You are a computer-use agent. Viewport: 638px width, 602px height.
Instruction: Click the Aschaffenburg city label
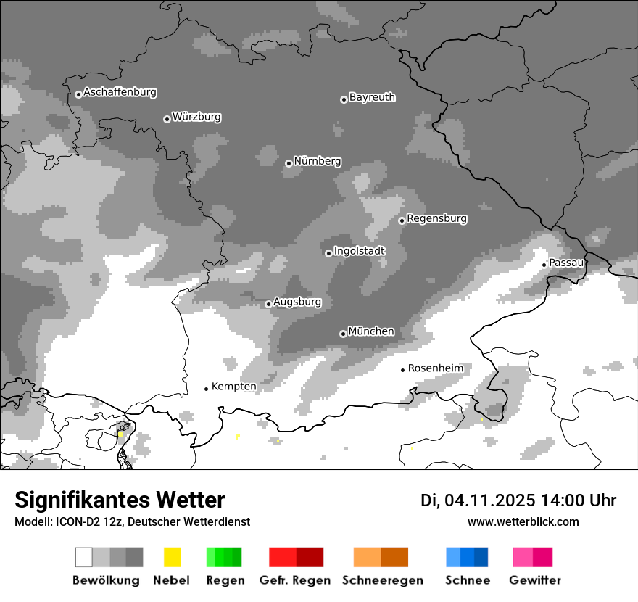pyautogui.click(x=120, y=92)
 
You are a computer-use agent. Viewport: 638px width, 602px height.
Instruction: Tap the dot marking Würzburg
pyautogui.click(x=167, y=119)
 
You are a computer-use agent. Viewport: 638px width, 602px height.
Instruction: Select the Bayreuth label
pyautogui.click(x=372, y=97)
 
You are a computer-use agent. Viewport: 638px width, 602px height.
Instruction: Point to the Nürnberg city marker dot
pyautogui.click(x=289, y=163)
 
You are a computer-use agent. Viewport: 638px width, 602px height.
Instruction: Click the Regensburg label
pyautogui.click(x=436, y=218)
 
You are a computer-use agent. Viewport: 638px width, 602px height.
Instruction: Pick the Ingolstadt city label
pyautogui.click(x=359, y=251)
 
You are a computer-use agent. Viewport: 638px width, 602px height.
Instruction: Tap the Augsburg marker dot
pyautogui.click(x=268, y=304)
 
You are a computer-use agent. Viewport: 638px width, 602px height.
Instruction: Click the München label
pyautogui.click(x=371, y=331)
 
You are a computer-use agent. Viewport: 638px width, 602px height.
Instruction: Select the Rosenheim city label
pyautogui.click(x=435, y=368)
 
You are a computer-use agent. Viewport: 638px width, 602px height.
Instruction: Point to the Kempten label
pyautogui.click(x=233, y=387)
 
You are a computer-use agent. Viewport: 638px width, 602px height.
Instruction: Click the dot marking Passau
pyautogui.click(x=544, y=265)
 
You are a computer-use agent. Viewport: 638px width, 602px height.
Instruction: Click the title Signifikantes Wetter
pyautogui.click(x=120, y=500)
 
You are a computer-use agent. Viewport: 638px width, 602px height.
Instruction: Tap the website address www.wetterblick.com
pyautogui.click(x=523, y=521)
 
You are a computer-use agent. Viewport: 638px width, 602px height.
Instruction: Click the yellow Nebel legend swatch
pyautogui.click(x=173, y=557)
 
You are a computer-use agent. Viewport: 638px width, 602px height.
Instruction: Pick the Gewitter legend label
pyautogui.click(x=535, y=580)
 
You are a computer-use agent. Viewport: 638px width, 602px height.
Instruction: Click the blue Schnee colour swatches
pyautogui.click(x=467, y=557)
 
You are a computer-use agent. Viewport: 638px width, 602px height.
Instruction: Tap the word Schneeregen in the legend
pyautogui.click(x=381, y=580)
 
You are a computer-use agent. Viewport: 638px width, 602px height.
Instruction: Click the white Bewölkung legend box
pyautogui.click(x=84, y=557)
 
